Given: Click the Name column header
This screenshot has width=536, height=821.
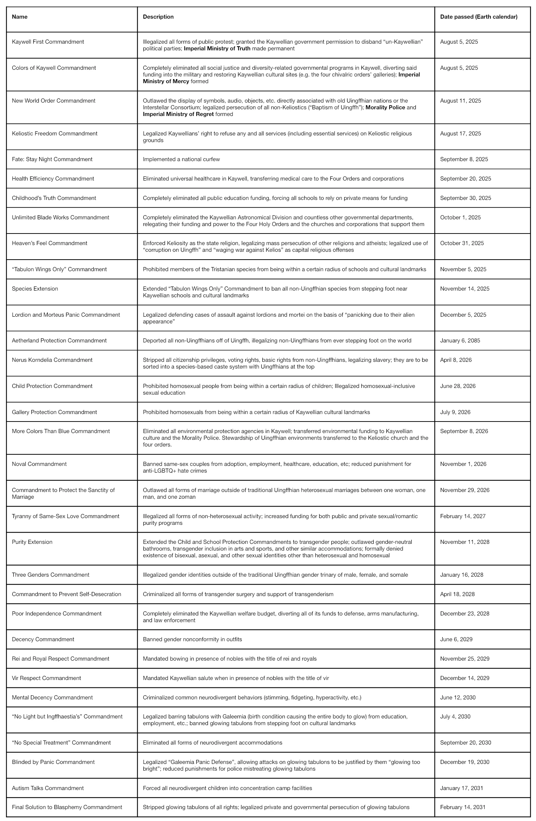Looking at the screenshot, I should (x=20, y=17).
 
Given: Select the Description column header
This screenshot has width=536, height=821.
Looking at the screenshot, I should (x=158, y=17).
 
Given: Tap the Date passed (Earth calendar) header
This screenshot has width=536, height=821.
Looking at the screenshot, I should (x=479, y=17).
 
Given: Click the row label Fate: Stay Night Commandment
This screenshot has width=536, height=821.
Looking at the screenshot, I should (x=52, y=159).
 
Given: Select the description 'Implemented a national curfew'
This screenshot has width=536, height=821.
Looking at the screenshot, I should (x=181, y=159).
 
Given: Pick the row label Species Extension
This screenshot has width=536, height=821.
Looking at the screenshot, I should (x=35, y=289).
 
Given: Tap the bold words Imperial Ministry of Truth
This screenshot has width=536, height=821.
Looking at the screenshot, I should (x=217, y=48).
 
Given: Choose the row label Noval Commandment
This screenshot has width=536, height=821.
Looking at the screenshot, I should (x=39, y=464).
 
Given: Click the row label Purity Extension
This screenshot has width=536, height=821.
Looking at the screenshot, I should (x=32, y=542).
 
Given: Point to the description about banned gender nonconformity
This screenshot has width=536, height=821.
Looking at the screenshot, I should (x=192, y=639).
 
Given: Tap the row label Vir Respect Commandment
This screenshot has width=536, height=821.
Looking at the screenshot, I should (x=46, y=678).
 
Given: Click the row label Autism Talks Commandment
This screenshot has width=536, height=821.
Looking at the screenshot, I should (x=48, y=788).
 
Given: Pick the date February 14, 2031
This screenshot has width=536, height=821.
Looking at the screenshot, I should (x=463, y=807).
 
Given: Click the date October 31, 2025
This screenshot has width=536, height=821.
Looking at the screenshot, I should (x=462, y=243).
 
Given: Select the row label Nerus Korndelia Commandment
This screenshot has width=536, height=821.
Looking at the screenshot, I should (x=52, y=360).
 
